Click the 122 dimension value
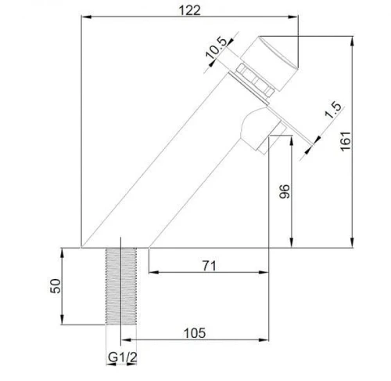tap(189, 10)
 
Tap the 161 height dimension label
tap(346, 141)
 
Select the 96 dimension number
tap(285, 191)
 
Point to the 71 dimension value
tap(209, 266)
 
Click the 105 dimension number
tap(195, 333)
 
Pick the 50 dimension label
tap(56, 286)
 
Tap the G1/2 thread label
tap(122, 357)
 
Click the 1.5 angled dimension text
tap(333, 109)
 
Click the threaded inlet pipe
tap(121, 286)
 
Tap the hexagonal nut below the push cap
tap(255, 79)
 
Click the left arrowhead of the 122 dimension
tap(86, 17)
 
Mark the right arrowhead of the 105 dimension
tap(264, 339)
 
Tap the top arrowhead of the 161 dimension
tap(352, 42)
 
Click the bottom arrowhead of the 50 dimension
tap(62, 320)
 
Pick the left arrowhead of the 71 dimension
tap(153, 272)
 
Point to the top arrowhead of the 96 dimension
tap(292, 140)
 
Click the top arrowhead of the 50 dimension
tap(62, 253)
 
